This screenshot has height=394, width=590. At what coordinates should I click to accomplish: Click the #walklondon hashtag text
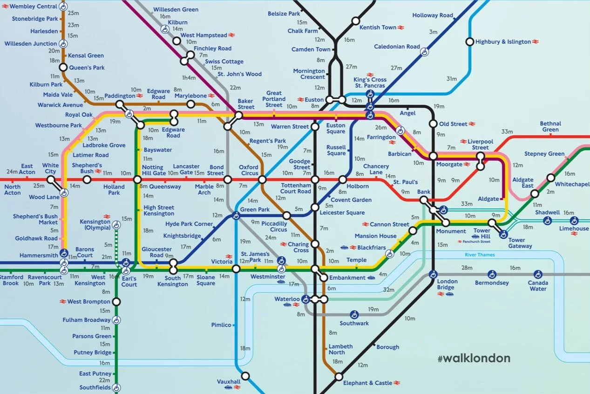click(474, 358)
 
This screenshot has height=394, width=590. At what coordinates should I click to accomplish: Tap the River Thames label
click(480, 255)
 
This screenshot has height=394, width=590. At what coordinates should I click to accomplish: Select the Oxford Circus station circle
click(262, 180)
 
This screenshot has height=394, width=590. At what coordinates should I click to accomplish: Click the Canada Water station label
click(538, 285)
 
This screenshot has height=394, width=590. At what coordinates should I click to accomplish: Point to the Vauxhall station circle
click(245, 376)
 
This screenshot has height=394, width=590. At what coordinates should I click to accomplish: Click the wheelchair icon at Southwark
click(354, 314)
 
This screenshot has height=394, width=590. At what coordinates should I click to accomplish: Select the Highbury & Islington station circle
click(470, 42)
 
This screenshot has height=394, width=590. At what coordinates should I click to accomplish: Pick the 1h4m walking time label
click(189, 77)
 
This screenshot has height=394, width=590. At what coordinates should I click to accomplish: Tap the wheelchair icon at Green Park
click(236, 215)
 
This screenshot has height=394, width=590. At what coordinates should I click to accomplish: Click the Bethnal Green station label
click(550, 126)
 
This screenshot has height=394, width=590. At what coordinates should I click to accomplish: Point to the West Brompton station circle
click(116, 302)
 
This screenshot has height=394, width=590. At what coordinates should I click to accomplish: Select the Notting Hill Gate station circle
click(137, 180)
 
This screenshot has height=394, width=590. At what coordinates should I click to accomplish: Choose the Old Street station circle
click(433, 124)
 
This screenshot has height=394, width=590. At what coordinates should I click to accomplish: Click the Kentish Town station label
click(378, 28)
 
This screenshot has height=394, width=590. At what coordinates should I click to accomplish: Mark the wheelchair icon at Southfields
click(116, 387)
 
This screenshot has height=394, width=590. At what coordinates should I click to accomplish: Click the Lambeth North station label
click(340, 350)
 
